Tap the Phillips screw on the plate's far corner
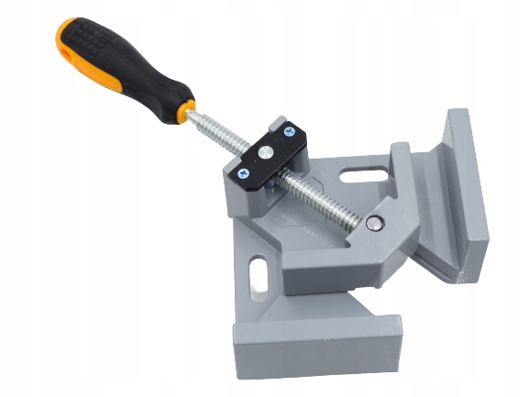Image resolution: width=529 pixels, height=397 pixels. [292, 130]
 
